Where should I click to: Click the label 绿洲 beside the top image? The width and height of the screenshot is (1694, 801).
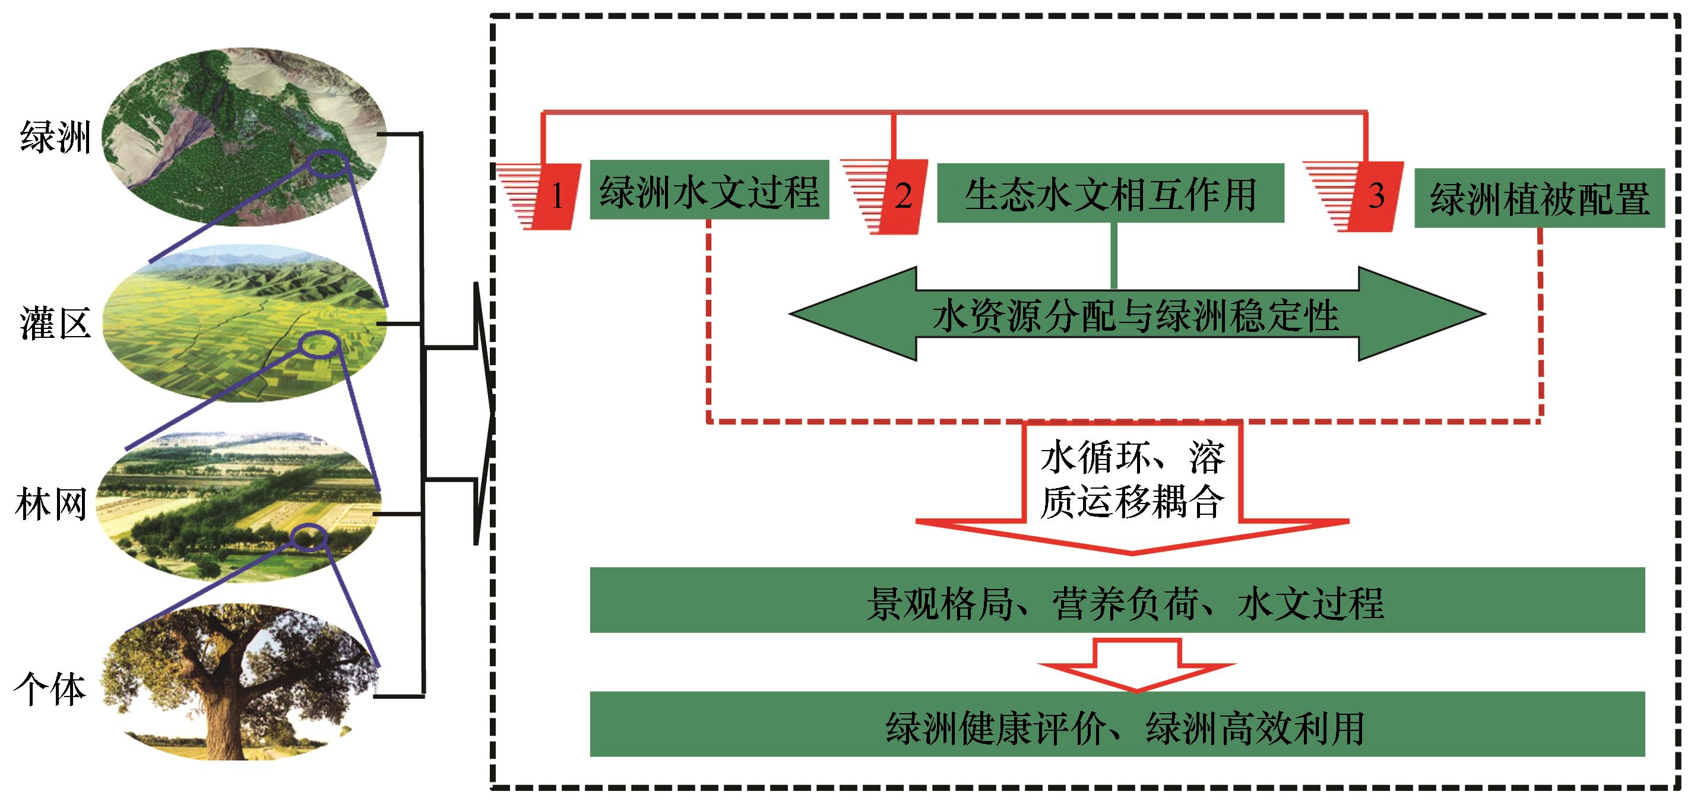[55, 137]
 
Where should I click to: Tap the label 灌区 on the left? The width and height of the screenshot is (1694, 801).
[55, 324]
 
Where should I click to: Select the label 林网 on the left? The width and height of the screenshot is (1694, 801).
[51, 506]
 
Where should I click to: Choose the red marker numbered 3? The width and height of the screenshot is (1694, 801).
[1376, 196]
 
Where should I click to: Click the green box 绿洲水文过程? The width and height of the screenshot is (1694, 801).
[709, 191]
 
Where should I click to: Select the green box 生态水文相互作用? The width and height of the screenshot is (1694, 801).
[1110, 194]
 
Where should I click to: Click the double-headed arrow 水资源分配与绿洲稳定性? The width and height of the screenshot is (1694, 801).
[1136, 315]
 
